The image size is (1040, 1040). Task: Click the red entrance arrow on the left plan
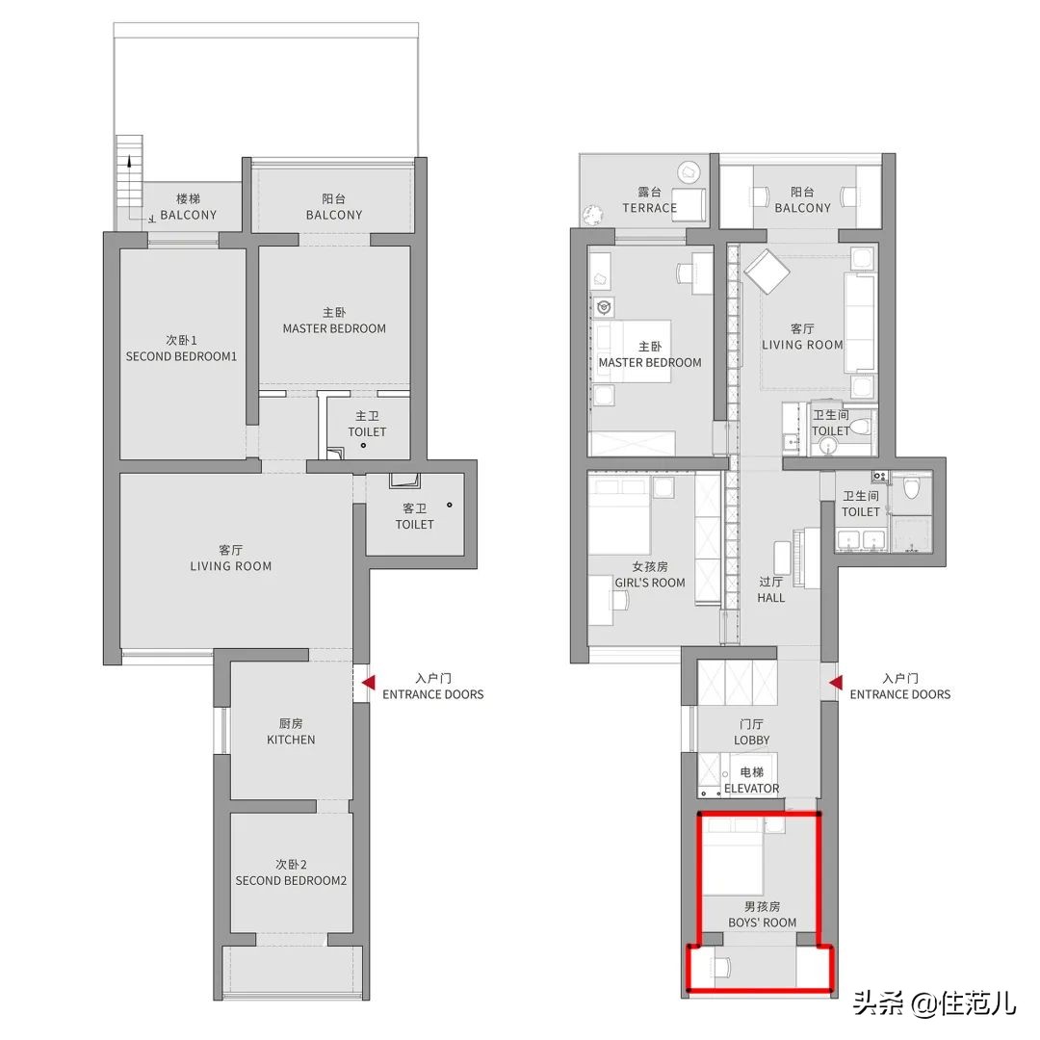369,683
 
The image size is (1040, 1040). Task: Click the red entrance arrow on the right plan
836,683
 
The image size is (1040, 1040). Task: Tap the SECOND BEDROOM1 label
181,356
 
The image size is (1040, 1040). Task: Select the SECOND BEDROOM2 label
291,881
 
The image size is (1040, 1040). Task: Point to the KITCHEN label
291,740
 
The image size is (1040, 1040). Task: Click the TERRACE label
649,208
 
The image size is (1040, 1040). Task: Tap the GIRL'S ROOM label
650,583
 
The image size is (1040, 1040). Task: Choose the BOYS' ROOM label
762,923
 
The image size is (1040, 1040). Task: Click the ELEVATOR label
751,788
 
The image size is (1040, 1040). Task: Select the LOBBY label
751,740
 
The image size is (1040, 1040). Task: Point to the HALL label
770,598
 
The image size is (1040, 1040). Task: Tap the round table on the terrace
689,172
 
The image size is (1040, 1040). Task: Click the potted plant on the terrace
591,214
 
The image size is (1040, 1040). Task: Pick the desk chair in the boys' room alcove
721,968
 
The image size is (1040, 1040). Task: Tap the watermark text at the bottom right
934,1002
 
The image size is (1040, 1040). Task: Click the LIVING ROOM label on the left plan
231,566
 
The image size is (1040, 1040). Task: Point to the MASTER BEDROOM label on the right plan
650,363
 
